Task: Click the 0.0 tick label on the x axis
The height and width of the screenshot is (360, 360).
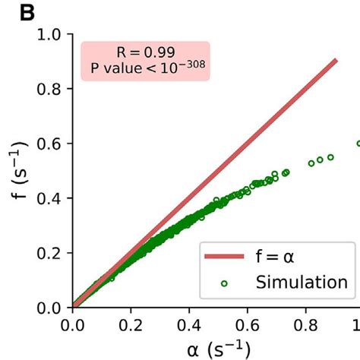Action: pyautogui.click(x=72, y=324)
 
